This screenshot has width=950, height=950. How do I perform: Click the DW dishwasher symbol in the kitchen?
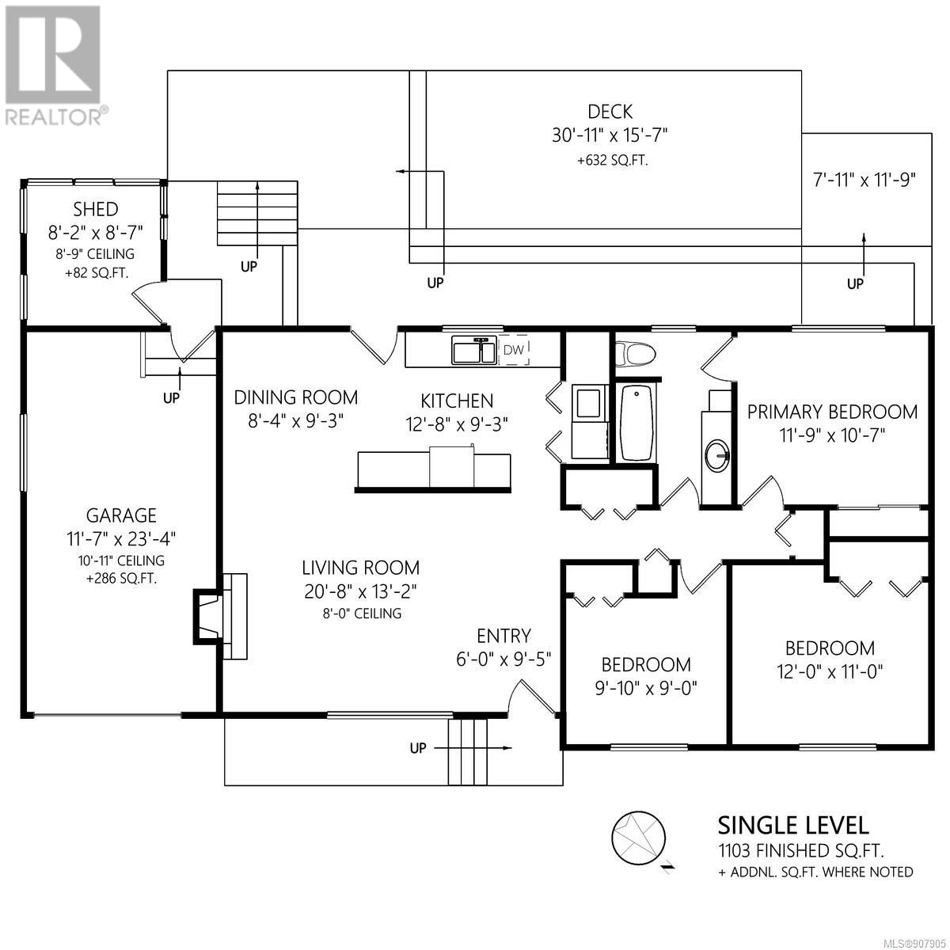pyautogui.click(x=514, y=350)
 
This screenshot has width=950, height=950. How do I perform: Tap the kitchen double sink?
pyautogui.click(x=473, y=351)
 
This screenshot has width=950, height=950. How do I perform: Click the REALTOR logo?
pyautogui.click(x=55, y=66)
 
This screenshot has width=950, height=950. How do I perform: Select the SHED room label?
pyautogui.click(x=96, y=210)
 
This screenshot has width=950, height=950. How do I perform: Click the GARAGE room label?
pyautogui.click(x=121, y=515)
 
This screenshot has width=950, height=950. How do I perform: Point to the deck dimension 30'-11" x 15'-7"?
pyautogui.click(x=610, y=135)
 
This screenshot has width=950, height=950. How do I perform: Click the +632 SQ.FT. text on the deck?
pyautogui.click(x=612, y=160)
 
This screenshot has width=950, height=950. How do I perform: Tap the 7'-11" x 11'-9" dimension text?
pyautogui.click(x=864, y=180)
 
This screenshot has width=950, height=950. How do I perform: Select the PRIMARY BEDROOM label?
pyautogui.click(x=832, y=412)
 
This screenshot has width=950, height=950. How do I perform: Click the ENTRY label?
pyautogui.click(x=503, y=636)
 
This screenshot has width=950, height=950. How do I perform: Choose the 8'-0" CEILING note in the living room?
pyautogui.click(x=361, y=614)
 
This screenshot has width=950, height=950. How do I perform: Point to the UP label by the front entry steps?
pyautogui.click(x=417, y=748)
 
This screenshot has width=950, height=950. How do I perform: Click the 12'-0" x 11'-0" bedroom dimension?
pyautogui.click(x=830, y=671)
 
